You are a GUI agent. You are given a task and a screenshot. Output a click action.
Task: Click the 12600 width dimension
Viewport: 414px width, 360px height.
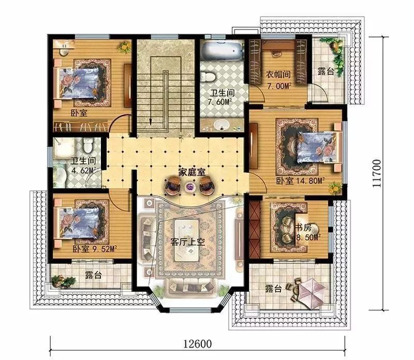point(198,343)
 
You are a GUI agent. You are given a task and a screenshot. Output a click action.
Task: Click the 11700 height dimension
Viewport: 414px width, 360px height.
point(377,173)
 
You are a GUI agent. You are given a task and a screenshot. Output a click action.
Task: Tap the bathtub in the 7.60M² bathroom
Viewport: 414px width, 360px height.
point(222,51)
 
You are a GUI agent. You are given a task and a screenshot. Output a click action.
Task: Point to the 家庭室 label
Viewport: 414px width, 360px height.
point(191,173)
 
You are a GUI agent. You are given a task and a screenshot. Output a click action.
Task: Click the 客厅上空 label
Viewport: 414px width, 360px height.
point(188,242)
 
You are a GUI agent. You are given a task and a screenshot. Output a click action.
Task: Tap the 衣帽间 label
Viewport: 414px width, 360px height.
point(278,74)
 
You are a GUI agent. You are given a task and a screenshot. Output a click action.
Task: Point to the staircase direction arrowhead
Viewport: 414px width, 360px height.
point(151,122)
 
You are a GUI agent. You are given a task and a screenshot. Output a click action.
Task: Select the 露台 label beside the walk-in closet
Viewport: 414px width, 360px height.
point(326,71)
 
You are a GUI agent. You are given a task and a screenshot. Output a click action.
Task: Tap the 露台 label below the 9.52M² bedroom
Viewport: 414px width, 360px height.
point(94,276)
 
